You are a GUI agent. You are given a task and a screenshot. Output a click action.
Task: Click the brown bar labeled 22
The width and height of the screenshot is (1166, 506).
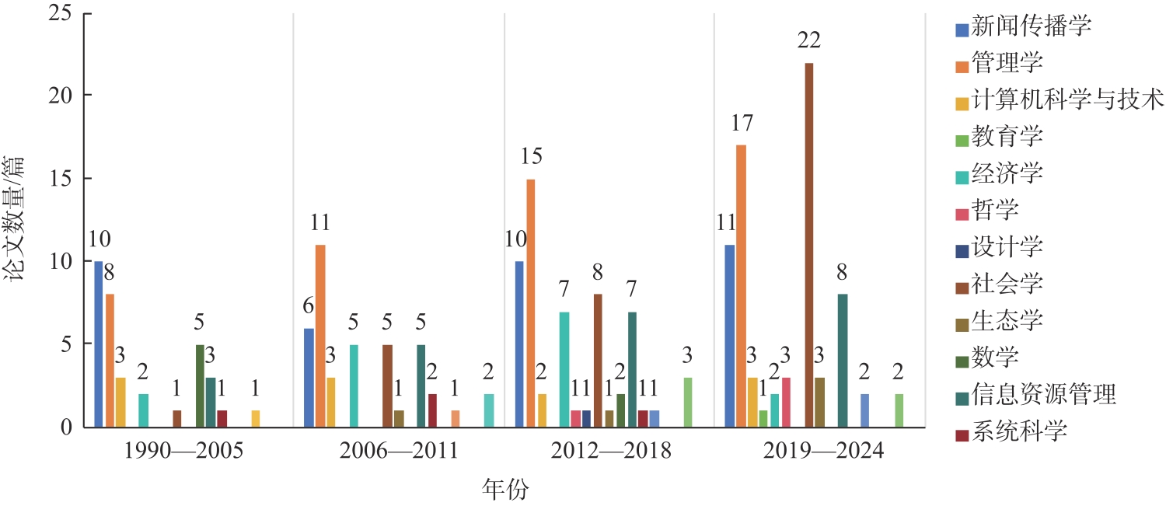[x=809, y=245]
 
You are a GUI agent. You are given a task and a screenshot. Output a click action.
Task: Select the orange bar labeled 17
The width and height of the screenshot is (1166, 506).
[x=741, y=286]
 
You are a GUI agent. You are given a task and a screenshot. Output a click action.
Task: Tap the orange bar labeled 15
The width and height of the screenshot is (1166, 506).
[x=530, y=303]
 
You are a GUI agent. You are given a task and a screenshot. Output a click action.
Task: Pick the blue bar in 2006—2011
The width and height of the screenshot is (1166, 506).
[x=309, y=378]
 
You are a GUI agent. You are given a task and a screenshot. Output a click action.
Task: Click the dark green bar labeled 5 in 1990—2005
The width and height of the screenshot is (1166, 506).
[x=200, y=386]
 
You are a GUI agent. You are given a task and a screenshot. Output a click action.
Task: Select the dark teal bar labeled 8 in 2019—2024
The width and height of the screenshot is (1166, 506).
[x=843, y=361]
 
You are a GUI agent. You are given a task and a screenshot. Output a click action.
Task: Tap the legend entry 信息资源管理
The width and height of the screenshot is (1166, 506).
[x=1044, y=396]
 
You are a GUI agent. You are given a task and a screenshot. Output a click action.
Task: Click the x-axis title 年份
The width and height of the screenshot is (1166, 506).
[x=504, y=490]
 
